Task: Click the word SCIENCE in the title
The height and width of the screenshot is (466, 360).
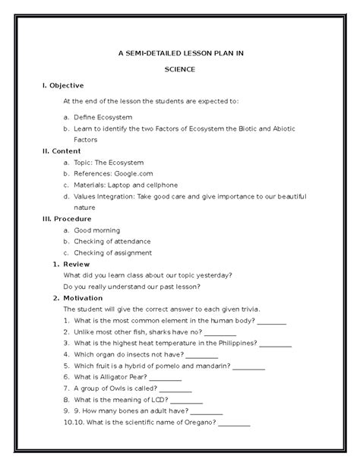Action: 180,69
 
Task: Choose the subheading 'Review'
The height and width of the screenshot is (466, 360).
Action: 77,263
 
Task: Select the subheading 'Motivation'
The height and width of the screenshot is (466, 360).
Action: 84,298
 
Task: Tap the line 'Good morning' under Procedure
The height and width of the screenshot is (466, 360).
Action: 97,230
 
